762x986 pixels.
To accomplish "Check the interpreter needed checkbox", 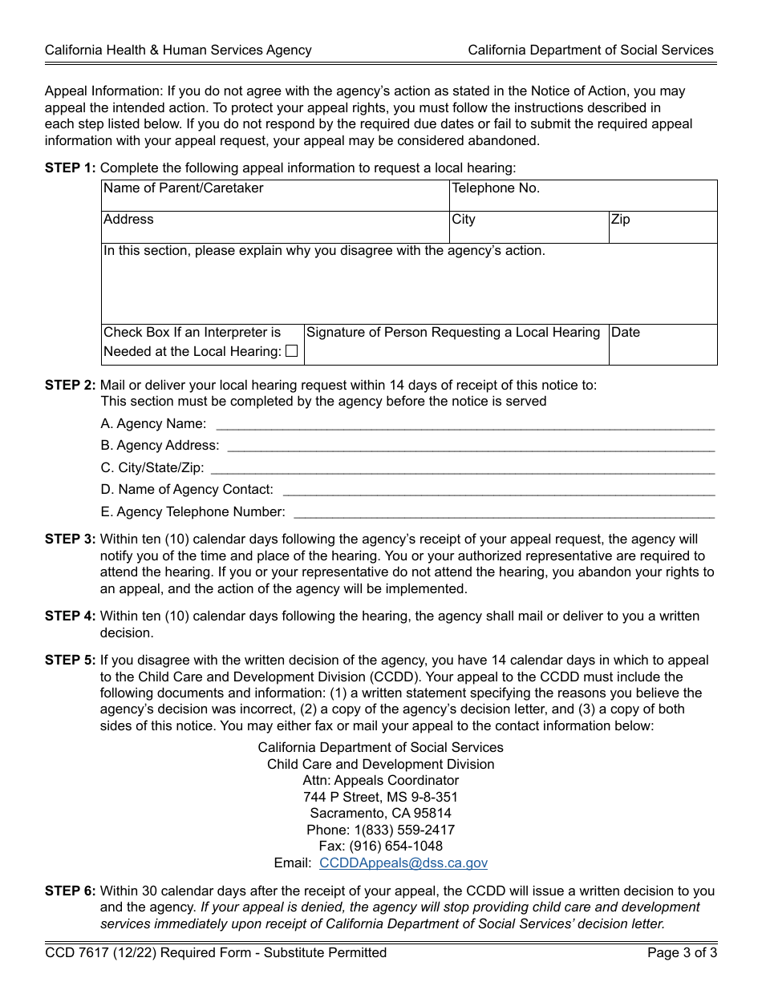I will point(291,350).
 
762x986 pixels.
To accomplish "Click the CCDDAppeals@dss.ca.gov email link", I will point(403,863).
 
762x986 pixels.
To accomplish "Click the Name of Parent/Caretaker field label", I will point(183,188).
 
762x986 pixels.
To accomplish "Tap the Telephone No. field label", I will point(496,188).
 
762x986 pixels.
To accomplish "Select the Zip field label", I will point(620,220).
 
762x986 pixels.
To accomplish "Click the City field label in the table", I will point(464,220).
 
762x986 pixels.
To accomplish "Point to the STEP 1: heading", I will point(70,168).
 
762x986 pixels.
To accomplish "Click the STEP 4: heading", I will point(70,616).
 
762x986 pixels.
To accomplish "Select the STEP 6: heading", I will point(70,891).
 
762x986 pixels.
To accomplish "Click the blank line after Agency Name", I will point(465,424).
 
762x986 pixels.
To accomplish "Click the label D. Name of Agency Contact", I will point(187,490).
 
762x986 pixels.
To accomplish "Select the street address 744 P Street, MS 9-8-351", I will point(380,797).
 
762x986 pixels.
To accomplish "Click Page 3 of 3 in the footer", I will point(682,953).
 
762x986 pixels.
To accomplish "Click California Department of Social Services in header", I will point(590,51).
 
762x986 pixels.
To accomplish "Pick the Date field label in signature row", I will point(626,333).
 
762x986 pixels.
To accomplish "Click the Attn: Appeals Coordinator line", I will point(380,780).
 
